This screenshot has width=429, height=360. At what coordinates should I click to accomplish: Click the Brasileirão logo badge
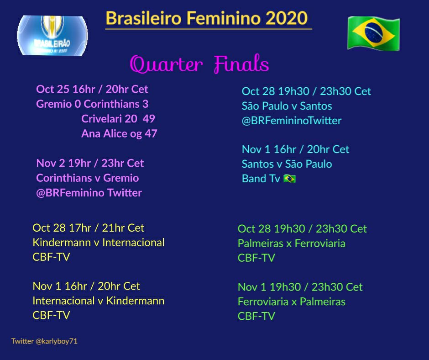[x=52, y=35]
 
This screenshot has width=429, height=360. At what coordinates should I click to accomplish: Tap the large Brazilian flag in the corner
[x=373, y=33]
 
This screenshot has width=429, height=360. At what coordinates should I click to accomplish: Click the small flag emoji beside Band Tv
[x=289, y=179]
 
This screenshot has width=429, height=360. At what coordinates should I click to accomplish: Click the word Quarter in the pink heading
[x=166, y=64]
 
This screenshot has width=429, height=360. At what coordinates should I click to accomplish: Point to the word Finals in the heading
[x=241, y=64]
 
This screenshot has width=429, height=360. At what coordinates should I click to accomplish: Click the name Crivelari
[x=101, y=119]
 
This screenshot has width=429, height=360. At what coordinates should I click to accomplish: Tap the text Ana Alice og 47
[x=119, y=134]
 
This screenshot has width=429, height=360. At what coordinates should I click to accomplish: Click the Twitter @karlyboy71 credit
[x=44, y=341]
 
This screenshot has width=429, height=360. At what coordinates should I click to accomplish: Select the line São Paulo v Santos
[x=287, y=106]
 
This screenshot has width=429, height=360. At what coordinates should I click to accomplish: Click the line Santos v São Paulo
[x=287, y=164]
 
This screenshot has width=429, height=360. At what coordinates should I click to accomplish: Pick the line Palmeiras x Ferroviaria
[x=291, y=244]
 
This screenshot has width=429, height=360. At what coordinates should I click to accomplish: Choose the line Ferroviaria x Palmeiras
[x=291, y=302]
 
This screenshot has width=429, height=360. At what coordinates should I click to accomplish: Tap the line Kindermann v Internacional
[x=99, y=243]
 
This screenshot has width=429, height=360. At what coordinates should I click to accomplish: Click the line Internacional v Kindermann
[x=99, y=301]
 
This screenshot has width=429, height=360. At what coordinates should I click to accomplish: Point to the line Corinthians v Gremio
[x=88, y=178]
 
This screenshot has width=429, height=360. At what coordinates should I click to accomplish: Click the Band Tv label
[x=261, y=179]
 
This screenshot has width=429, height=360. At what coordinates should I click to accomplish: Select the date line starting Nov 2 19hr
[x=90, y=163]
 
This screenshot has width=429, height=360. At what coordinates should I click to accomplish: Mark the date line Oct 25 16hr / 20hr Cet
[x=92, y=90]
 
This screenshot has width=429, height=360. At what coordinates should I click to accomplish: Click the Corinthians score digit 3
[x=145, y=104]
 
